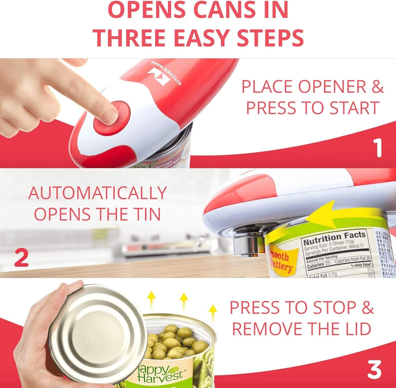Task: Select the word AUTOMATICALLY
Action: [x=97, y=193]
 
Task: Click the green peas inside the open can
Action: [x=175, y=343]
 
